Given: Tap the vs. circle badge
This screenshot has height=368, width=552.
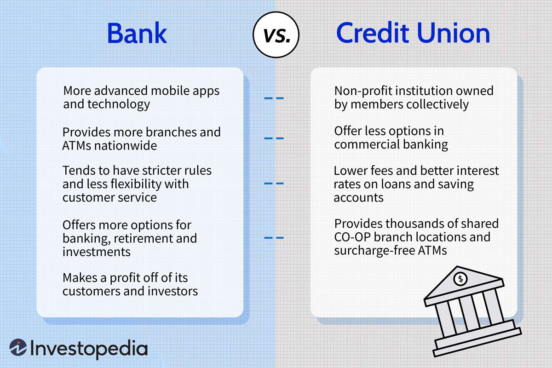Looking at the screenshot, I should (x=276, y=34).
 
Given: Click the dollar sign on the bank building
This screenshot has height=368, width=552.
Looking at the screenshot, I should (x=460, y=278).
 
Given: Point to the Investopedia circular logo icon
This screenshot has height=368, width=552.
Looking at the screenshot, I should (x=18, y=348).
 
